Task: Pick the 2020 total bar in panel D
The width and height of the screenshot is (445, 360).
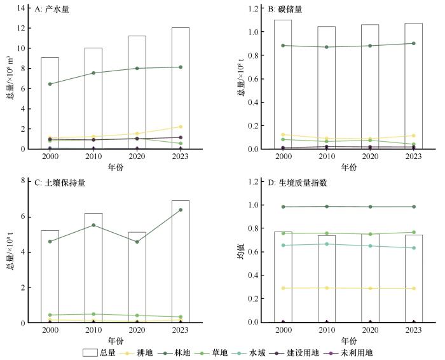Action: click(370, 280)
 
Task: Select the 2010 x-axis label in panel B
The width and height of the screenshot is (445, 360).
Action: click(327, 156)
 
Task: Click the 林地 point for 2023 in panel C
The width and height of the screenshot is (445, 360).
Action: click(181, 210)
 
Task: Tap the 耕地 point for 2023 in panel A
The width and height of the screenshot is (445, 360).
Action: click(181, 127)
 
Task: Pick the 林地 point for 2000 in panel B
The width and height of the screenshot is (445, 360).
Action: click(283, 45)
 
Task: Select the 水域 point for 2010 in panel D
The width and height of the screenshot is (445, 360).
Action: click(327, 244)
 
